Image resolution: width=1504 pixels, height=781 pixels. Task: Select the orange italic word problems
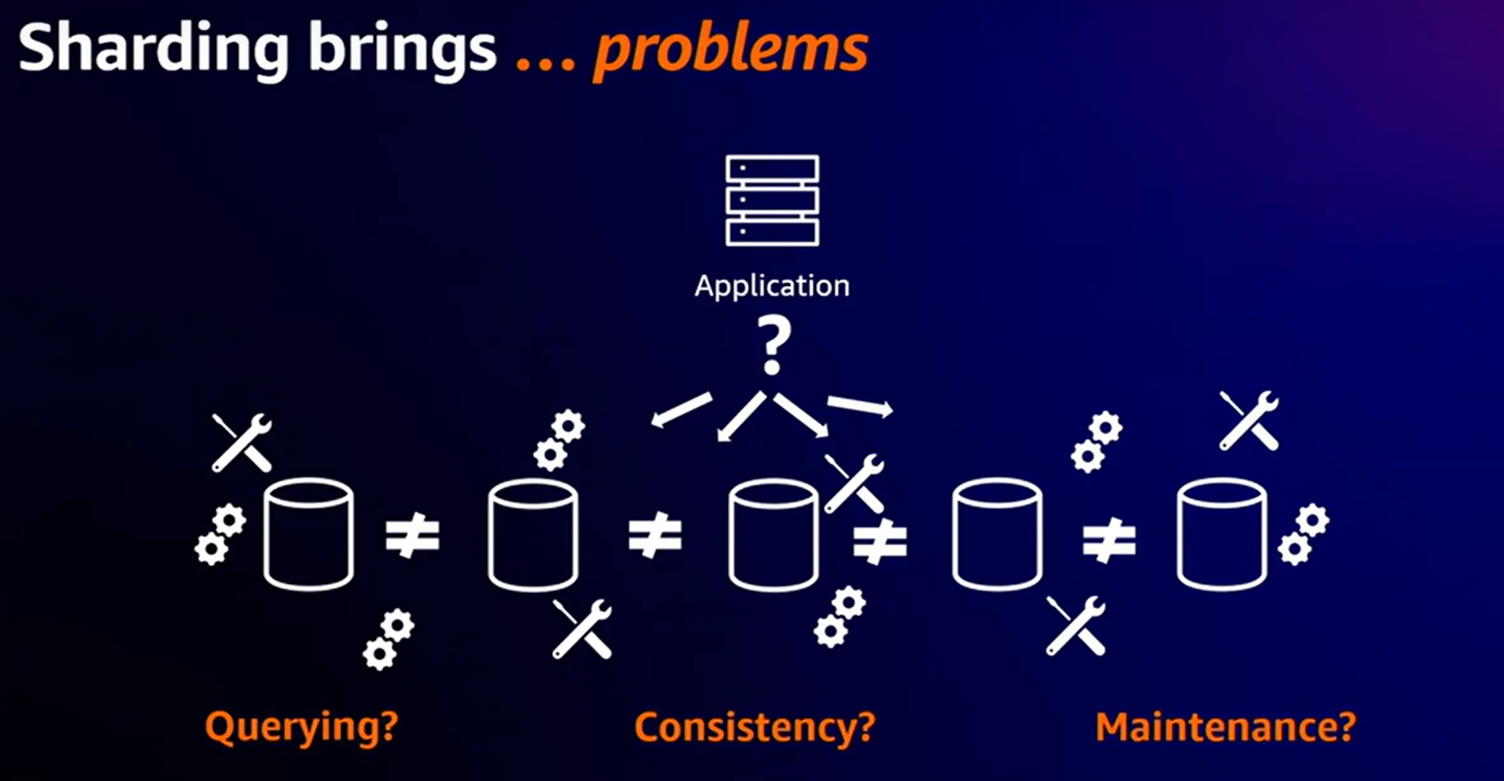[730, 51]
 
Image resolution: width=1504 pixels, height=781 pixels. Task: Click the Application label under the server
[772, 286]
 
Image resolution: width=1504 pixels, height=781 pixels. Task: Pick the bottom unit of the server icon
[772, 233]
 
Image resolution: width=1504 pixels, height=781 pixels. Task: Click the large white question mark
[773, 346]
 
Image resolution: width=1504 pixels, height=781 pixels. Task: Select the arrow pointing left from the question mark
[681, 409]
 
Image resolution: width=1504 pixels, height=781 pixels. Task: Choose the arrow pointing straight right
[860, 406]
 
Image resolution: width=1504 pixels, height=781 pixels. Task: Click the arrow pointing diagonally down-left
[741, 416]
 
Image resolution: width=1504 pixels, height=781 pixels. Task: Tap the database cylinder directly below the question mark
[774, 535]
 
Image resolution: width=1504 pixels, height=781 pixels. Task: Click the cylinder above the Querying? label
[308, 534]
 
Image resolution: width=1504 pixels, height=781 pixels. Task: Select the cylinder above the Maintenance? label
[1222, 534]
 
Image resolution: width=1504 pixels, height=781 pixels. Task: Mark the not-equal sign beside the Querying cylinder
[412, 536]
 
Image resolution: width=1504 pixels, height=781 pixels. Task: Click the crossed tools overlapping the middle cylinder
[854, 484]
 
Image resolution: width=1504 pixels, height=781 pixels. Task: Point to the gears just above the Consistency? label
[840, 617]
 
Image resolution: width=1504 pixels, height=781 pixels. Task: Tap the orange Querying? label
[301, 727]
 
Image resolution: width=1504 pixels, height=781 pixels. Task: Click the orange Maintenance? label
[1226, 727]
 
